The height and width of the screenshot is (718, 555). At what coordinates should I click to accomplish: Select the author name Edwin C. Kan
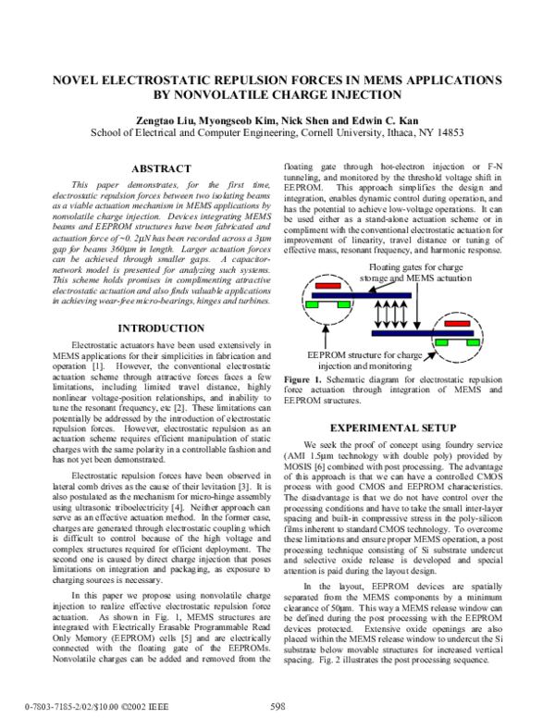371,119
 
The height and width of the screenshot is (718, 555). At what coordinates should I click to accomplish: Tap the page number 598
277,706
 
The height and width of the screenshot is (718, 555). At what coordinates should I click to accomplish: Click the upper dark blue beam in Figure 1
370,296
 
